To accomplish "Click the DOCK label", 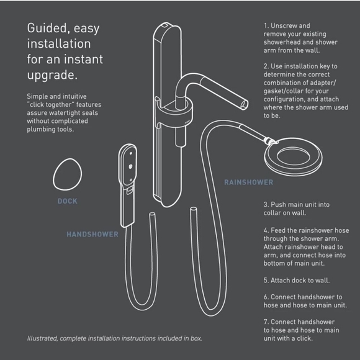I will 67,201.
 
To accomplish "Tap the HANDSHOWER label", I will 92,234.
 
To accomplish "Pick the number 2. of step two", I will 266,65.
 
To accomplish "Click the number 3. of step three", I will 266,204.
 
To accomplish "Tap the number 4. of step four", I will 266,230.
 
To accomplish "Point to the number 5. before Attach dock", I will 266,280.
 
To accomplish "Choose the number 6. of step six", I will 266,297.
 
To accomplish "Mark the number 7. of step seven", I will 266,322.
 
